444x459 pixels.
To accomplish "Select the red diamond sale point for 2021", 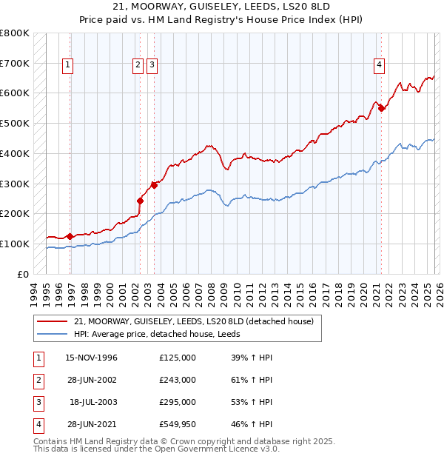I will coord(382,108).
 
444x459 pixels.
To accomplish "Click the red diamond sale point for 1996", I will coord(70,236).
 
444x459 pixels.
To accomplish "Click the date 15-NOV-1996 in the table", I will coord(91,358).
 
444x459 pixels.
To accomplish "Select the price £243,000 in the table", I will coord(178,380).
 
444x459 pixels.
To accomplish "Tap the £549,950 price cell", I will coord(178,424).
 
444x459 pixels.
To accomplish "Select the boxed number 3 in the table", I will coord(38,402).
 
